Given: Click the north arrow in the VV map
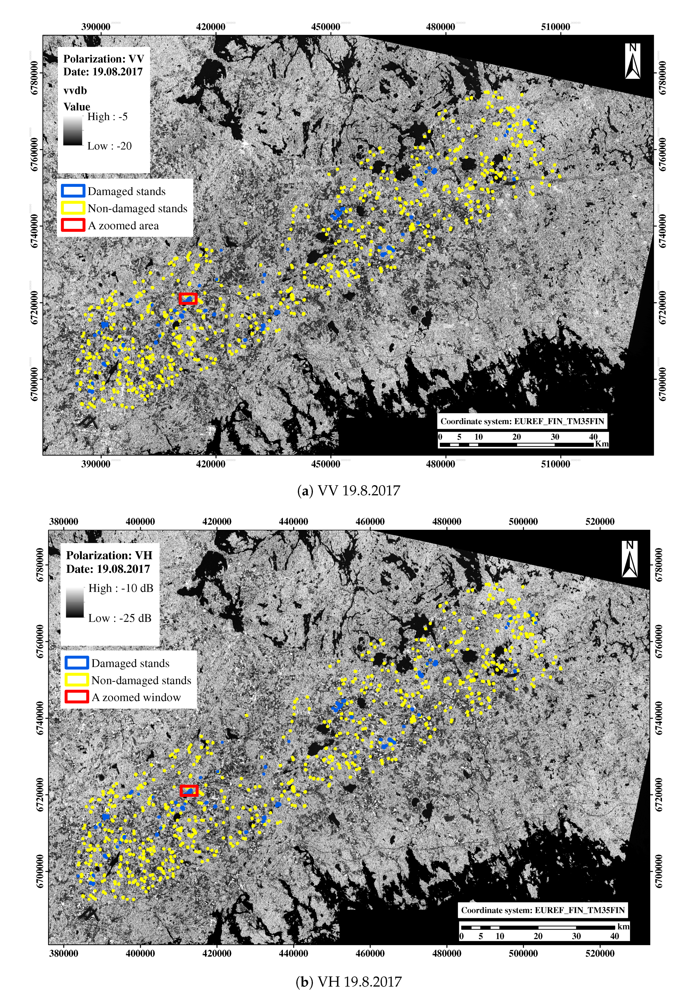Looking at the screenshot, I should tap(632, 61).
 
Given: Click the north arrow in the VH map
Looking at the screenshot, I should tap(629, 559).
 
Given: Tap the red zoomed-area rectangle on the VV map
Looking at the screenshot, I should tap(188, 299).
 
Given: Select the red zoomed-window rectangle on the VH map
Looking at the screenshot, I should tap(189, 791).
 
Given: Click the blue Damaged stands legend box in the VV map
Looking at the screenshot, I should tap(73, 191).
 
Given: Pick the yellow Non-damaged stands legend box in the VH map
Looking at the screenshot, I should tap(77, 680).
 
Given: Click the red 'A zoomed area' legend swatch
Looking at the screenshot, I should tap(73, 225).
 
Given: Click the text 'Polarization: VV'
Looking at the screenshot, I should tap(104, 59).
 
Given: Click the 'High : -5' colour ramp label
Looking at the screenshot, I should tap(107, 117).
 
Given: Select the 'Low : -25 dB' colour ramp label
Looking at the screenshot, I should tap(120, 618).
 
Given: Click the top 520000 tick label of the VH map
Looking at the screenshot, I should tap(600, 521).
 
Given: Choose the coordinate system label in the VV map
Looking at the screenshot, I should tap(522, 421).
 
